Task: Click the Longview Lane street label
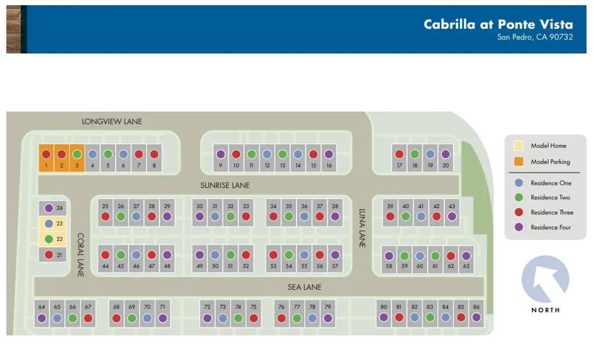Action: [112, 122]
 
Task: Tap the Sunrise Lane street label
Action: [225, 186]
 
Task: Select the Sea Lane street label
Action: [304, 287]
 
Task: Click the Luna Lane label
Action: [362, 228]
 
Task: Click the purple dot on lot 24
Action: [49, 208]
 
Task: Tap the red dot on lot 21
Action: [49, 254]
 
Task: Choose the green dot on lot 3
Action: [77, 154]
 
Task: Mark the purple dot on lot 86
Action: [476, 317]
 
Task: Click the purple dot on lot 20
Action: [445, 154]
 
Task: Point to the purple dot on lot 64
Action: [42, 318]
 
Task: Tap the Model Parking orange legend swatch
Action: [519, 162]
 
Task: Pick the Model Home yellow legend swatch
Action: [519, 146]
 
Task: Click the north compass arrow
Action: [545, 278]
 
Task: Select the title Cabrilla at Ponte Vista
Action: [498, 24]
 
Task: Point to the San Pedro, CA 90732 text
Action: [535, 38]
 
